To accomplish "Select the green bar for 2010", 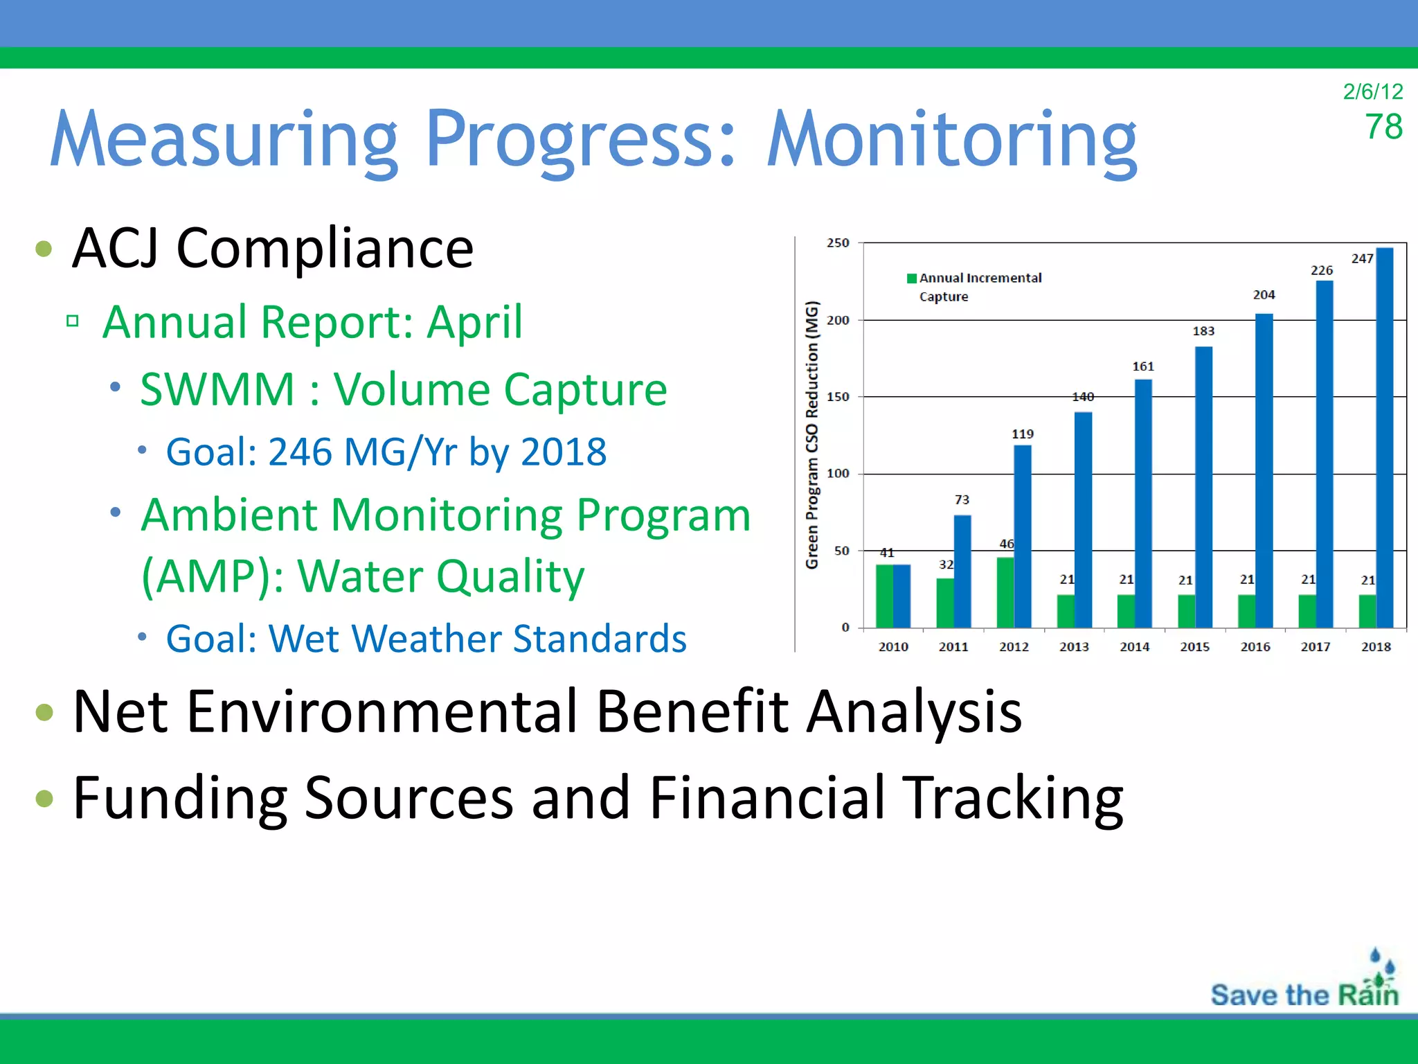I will pyautogui.click(x=884, y=596).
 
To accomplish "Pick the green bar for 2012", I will pyautogui.click(x=1005, y=592).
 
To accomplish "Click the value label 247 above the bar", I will pyautogui.click(x=1362, y=258).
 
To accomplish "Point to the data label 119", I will pyautogui.click(x=1023, y=434).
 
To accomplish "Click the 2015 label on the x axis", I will pyautogui.click(x=1195, y=646).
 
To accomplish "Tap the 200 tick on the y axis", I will pyautogui.click(x=838, y=320).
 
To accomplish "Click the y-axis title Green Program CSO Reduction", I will pyautogui.click(x=812, y=435).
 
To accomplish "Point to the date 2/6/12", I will pyautogui.click(x=1372, y=91).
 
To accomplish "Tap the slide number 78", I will pyautogui.click(x=1383, y=127).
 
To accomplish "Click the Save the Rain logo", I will pyautogui.click(x=1305, y=984).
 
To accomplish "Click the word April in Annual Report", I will pyautogui.click(x=474, y=322).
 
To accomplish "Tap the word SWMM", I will pyautogui.click(x=217, y=389).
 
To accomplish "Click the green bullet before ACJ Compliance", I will pyautogui.click(x=44, y=249).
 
